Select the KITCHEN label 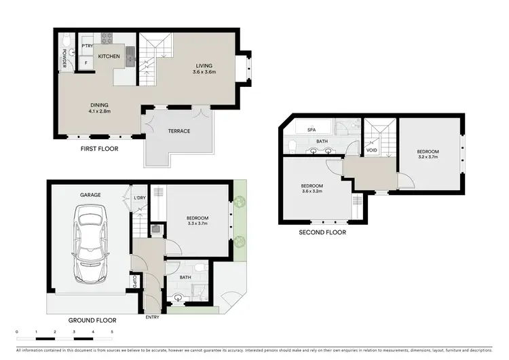[x=109, y=57]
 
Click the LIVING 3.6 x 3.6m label [x=204, y=68]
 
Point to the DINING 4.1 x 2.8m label [x=100, y=108]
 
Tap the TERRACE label [x=178, y=131]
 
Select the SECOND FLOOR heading [x=322, y=232]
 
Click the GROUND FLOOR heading [x=92, y=320]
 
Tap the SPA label [x=312, y=129]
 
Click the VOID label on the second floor [x=371, y=150]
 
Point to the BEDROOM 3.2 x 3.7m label [x=428, y=154]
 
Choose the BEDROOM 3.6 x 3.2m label [x=312, y=189]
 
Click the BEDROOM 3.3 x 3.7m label [x=197, y=220]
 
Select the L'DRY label [x=140, y=198]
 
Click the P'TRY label [x=87, y=46]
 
